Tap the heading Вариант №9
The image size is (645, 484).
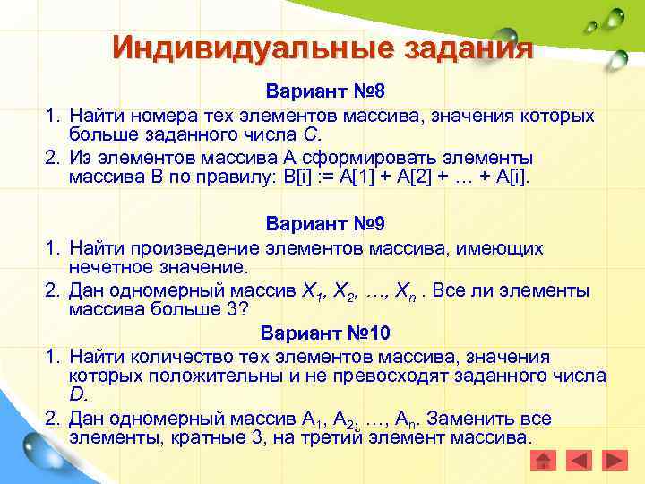(x=324, y=223)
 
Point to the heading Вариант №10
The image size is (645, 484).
(x=325, y=333)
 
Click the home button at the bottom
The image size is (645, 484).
(x=544, y=460)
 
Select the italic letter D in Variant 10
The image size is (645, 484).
(x=76, y=395)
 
